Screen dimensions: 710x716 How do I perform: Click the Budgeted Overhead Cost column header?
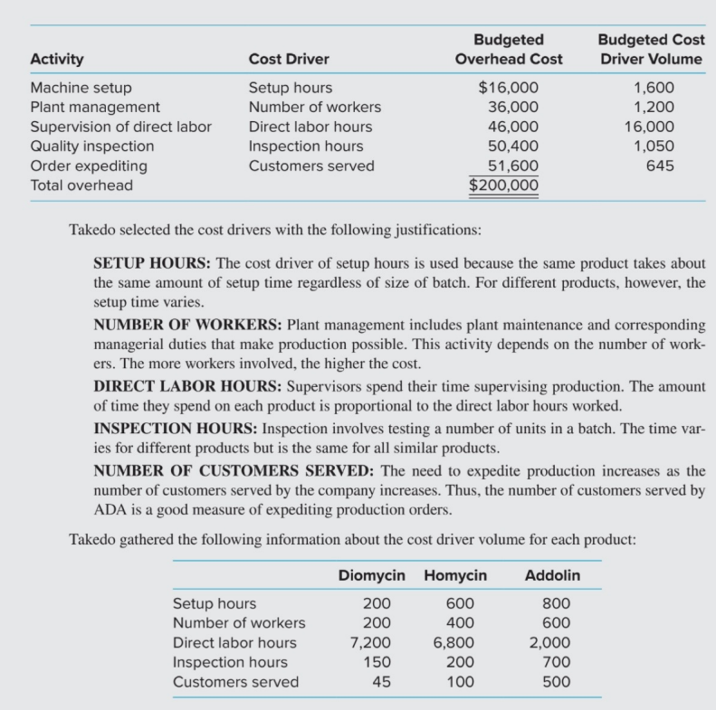click(508, 50)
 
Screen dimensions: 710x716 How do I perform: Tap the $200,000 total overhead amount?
click(504, 185)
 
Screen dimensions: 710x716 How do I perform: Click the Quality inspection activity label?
click(92, 146)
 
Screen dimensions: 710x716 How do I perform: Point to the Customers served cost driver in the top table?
click(311, 166)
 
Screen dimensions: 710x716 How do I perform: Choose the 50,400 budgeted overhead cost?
click(512, 146)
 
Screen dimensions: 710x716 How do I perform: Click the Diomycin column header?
click(376, 575)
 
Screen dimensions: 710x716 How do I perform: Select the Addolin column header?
click(552, 575)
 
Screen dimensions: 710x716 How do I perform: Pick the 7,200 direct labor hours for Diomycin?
click(370, 643)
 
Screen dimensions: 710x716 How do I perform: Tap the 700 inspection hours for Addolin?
click(557, 662)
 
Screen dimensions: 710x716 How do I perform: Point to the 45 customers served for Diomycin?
click(382, 682)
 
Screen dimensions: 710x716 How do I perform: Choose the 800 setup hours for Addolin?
click(557, 603)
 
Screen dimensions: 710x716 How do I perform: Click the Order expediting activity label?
click(89, 166)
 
